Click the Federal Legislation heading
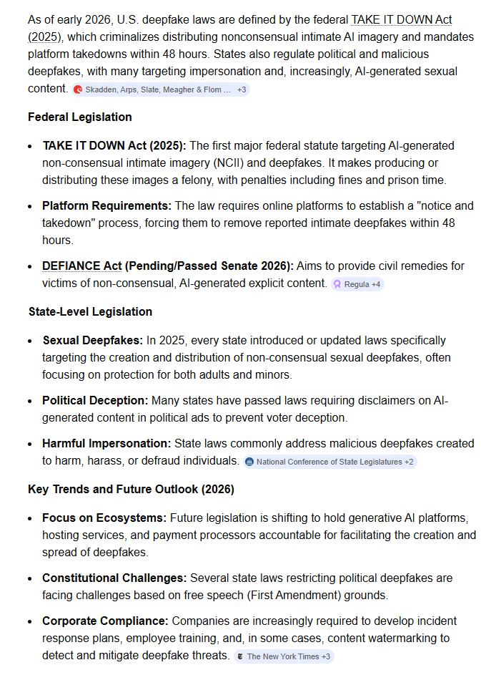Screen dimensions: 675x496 [x=79, y=117]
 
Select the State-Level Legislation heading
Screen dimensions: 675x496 [x=90, y=311]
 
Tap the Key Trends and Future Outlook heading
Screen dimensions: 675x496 [x=131, y=490]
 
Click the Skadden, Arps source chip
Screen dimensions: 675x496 [x=162, y=89]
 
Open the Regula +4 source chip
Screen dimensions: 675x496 [x=357, y=284]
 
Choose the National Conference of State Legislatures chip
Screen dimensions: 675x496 [x=329, y=462]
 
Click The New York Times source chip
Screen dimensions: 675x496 [x=284, y=656]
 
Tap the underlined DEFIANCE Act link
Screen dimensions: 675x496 [x=81, y=266]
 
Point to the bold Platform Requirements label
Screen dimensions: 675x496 [x=106, y=206]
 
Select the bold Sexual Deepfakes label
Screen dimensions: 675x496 [x=93, y=340]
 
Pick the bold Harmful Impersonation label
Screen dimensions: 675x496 [x=106, y=444]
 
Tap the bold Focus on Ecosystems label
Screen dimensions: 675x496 [x=104, y=518]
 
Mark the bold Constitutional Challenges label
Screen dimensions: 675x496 [x=114, y=578]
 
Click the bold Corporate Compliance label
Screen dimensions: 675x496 [x=105, y=621]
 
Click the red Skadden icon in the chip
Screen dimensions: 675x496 [x=79, y=89]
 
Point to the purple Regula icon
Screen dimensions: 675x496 [x=337, y=284]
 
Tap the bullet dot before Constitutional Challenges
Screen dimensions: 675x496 [x=30, y=578]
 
